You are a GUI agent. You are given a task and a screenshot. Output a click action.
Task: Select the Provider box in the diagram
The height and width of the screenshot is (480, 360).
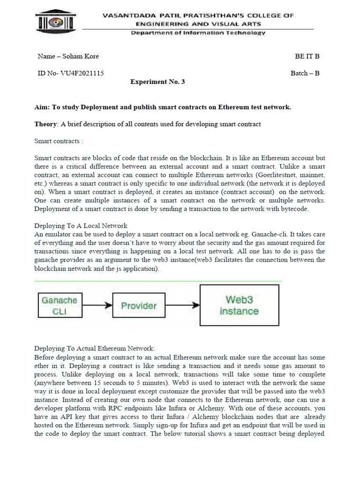[x=139, y=306]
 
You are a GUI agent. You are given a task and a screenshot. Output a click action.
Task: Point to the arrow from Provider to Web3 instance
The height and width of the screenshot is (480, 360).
[x=182, y=306]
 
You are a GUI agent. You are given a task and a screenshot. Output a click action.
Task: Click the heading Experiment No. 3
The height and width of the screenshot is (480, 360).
[x=157, y=82]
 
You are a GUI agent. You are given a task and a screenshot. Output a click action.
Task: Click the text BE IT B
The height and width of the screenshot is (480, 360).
[x=307, y=56]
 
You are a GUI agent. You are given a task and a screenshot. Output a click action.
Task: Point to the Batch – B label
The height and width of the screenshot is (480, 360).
[x=305, y=73]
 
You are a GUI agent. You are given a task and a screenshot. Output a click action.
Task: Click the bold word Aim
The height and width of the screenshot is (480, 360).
[x=41, y=107]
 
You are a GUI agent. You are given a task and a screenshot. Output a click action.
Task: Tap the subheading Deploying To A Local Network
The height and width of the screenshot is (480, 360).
[x=81, y=225]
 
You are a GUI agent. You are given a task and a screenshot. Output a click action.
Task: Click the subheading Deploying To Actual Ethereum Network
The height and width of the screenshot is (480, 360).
[x=94, y=348]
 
